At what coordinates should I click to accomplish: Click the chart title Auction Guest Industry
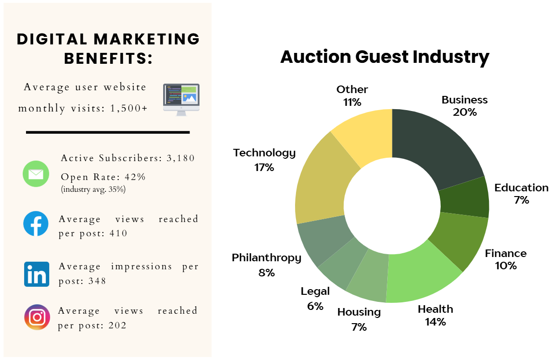pos(384,57)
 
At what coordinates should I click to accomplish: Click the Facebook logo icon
pos(36,224)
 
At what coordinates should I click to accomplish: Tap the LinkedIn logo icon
pos(36,274)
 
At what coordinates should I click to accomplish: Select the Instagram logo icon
pos(37,317)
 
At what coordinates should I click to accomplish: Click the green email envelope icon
pos(36,173)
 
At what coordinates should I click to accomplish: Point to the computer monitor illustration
pos(181,99)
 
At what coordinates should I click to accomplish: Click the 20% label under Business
pos(464,112)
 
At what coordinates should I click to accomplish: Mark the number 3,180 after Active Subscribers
pos(180,158)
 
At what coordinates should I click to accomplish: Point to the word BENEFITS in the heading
pos(108,59)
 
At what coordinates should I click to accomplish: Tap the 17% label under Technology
pos(264,167)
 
